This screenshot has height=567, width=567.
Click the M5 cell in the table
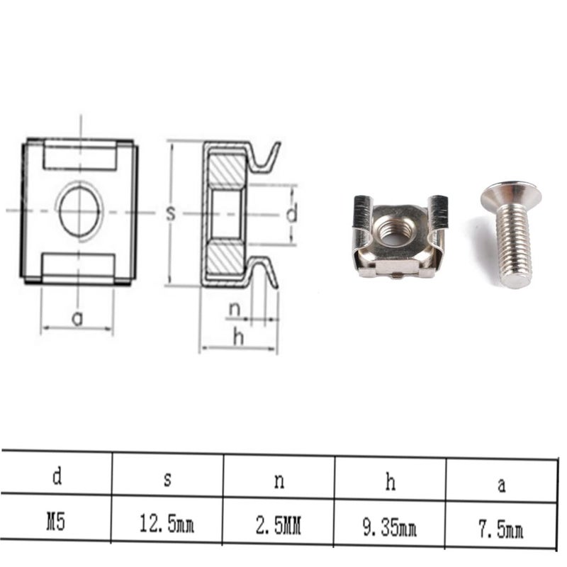pos(56,522)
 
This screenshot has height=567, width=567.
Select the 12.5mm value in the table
pos(167,524)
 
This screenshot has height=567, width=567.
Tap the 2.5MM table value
pos(279,525)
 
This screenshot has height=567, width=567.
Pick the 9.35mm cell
pos(390,527)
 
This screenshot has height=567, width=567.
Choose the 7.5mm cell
pos(501,529)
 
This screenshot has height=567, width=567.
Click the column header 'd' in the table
pos(57,476)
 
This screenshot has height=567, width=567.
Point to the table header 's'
pos(167,479)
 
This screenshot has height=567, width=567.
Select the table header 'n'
pos(279,481)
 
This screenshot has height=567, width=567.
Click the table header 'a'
pos(502,485)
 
